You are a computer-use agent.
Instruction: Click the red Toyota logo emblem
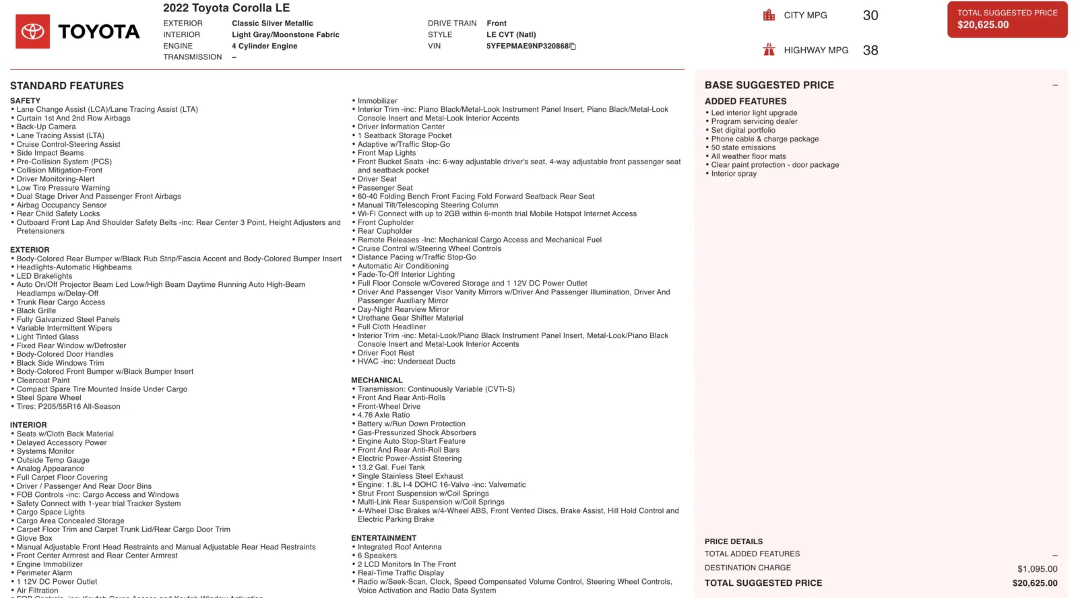(x=32, y=32)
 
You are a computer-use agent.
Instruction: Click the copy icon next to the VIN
(x=573, y=46)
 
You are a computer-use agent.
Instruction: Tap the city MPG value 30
(x=870, y=15)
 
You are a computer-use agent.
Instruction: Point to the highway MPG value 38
(x=870, y=51)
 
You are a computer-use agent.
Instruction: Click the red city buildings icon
(x=769, y=15)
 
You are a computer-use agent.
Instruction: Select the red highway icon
(x=769, y=50)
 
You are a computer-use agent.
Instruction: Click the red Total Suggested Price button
(x=1007, y=19)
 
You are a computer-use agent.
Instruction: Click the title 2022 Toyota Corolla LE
(x=226, y=8)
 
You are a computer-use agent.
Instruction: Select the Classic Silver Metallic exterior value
(x=272, y=24)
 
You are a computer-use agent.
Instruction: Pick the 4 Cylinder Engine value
(x=264, y=46)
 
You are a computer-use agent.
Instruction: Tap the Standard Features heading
(x=67, y=86)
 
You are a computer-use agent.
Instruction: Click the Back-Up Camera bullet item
(x=46, y=127)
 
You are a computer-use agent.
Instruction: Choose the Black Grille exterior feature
(x=36, y=310)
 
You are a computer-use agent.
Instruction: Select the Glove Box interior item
(x=34, y=538)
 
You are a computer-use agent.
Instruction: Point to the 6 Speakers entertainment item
(x=377, y=556)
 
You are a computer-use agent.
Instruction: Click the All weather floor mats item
(x=748, y=156)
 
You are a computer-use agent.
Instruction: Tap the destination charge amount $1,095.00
(x=1037, y=569)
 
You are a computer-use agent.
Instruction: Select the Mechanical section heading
(x=377, y=380)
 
